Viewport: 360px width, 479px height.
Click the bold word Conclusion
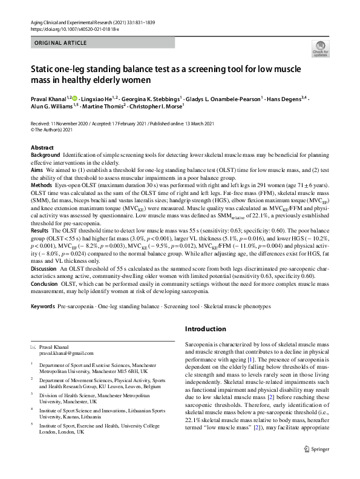coord(44,283)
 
